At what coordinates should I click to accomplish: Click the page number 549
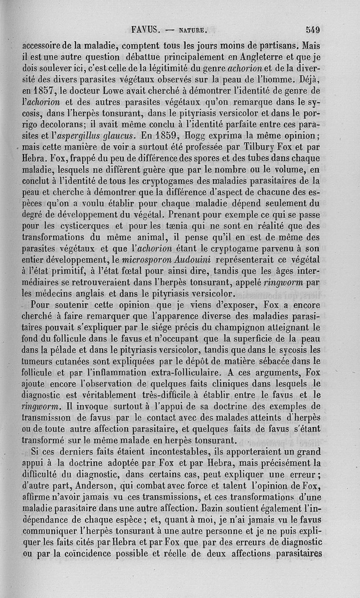(312, 30)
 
